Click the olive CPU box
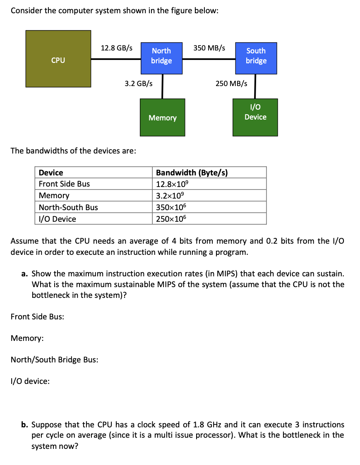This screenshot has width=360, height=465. pos(58,59)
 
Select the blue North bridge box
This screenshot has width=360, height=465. pos(161,58)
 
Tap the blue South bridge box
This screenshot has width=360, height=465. pos(256,58)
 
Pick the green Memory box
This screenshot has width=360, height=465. pos(162,117)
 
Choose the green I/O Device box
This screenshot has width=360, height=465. pos(255,117)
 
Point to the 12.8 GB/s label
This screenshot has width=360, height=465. pos(117,48)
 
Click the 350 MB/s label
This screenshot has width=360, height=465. pos(209,48)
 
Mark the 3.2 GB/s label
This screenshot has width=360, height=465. pos(139,84)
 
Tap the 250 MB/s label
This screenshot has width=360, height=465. pos(231,84)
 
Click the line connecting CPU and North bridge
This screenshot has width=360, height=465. pos(116,59)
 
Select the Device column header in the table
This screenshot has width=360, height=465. pos(51,173)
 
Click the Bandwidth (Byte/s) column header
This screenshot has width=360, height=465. pos(192,173)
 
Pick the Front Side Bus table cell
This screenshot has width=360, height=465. pos(64,184)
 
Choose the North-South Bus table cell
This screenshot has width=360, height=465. pos(68,207)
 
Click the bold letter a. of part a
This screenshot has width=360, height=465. pos(25,273)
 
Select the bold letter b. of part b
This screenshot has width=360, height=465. pos(25,424)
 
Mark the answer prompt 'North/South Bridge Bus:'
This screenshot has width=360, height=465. pos(54,360)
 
